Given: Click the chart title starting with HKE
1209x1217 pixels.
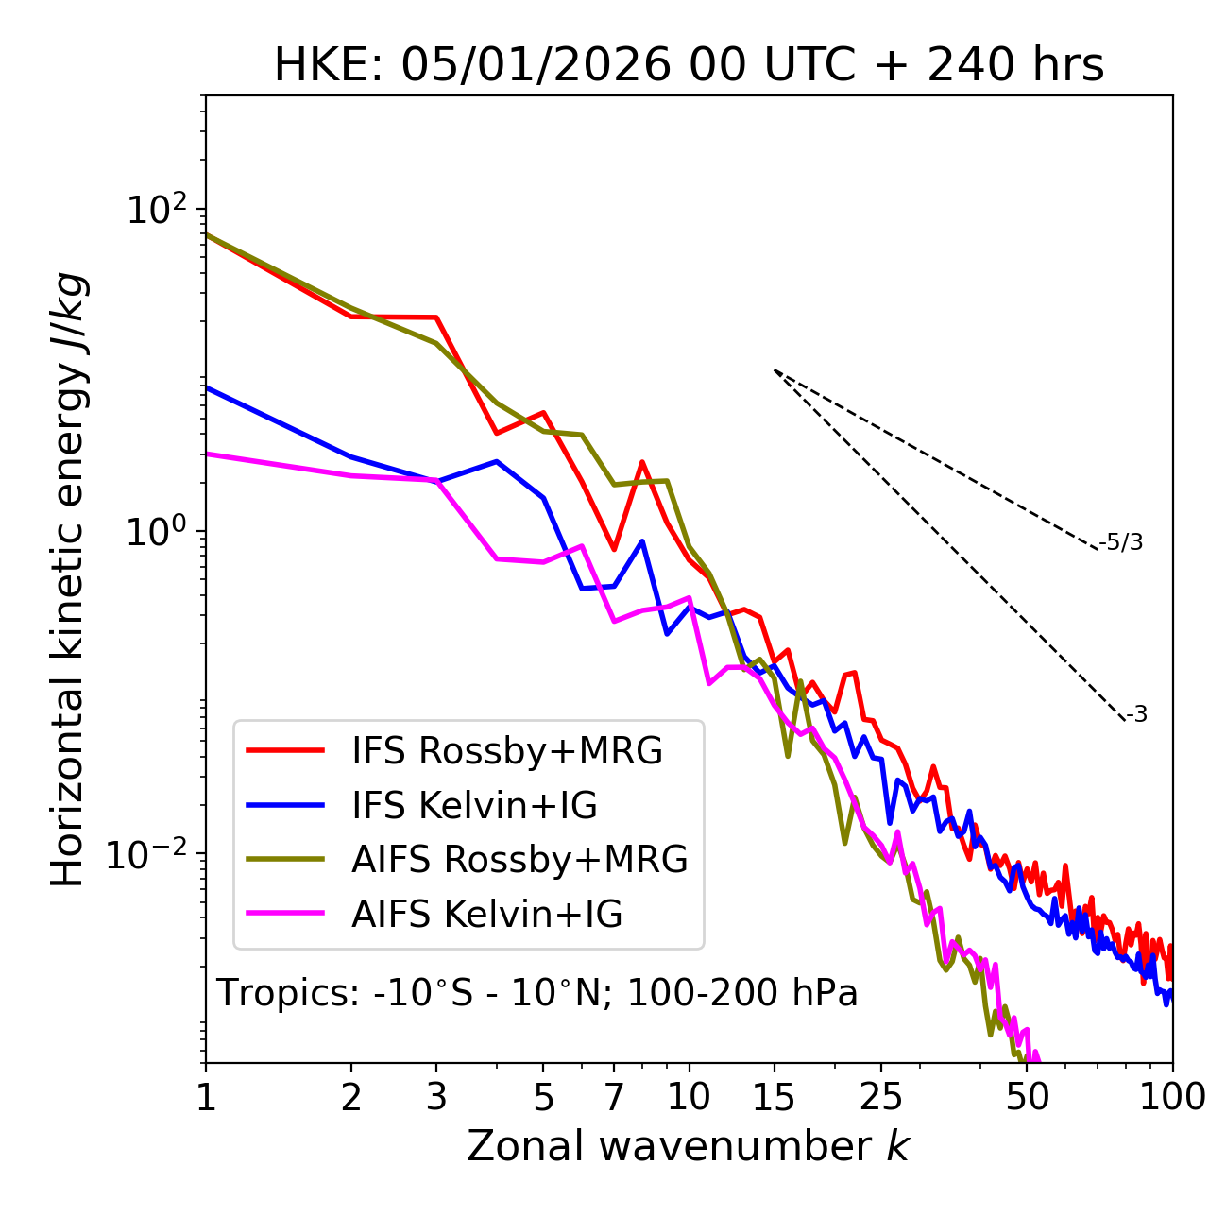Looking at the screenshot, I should point(689,65).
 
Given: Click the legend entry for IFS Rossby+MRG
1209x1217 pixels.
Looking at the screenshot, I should point(506,750).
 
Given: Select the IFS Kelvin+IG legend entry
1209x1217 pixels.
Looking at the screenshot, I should point(474,805).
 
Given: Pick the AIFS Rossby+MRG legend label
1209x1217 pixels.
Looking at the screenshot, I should point(519,860).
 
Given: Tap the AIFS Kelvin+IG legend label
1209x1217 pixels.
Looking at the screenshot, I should point(486,915).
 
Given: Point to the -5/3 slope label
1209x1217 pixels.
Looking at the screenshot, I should point(1121,542).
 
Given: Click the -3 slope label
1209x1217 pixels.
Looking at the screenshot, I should point(1136,714).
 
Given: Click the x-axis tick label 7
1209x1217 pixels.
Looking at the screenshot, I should point(614,1097).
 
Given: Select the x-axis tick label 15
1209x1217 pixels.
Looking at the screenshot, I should point(774,1097).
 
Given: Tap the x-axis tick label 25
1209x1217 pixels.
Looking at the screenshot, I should point(881,1097).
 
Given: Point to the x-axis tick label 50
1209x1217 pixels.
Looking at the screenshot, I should point(1027,1097).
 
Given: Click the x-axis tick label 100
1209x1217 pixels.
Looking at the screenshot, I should point(1171,1097).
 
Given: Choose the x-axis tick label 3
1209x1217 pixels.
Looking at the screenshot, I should point(436,1097).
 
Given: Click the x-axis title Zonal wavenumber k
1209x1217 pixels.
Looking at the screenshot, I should point(689,1146).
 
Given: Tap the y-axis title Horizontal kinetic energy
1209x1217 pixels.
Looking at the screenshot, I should point(68,580).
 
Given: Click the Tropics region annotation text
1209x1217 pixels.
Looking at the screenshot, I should point(537,993).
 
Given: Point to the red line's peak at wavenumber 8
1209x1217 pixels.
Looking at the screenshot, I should point(642,463).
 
